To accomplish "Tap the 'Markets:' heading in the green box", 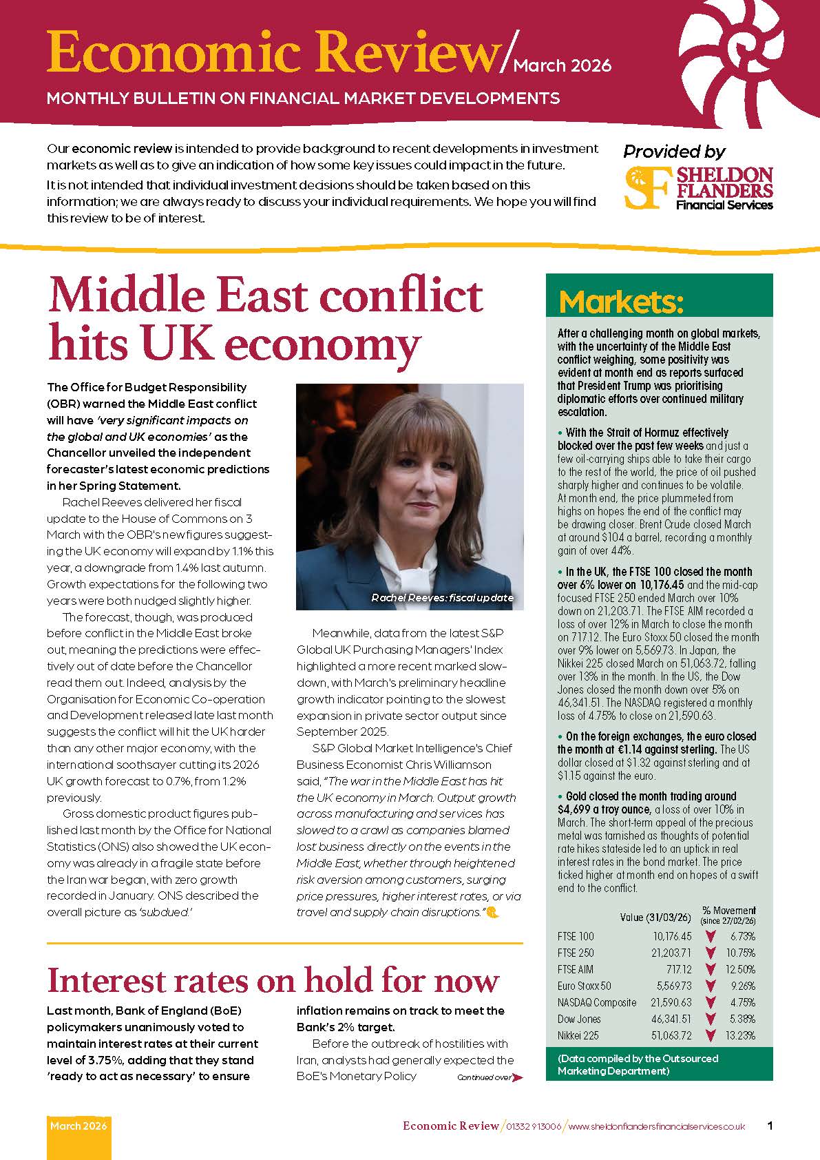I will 621,302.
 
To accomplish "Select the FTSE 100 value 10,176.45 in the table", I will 672,937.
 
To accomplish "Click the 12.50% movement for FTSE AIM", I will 742,970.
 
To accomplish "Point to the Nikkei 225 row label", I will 578,1035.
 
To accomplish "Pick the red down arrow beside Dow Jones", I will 711,1019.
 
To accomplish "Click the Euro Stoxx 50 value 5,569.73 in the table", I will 674,986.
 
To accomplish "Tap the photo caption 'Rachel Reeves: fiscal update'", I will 442,598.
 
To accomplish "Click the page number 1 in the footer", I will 770,1126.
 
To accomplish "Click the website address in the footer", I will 657,1127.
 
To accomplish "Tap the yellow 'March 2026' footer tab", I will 78,1127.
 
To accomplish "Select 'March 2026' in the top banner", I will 563,66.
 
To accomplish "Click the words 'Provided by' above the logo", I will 673,151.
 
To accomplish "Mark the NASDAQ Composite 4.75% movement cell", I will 742,1003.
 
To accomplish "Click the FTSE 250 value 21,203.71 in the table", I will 672,953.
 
